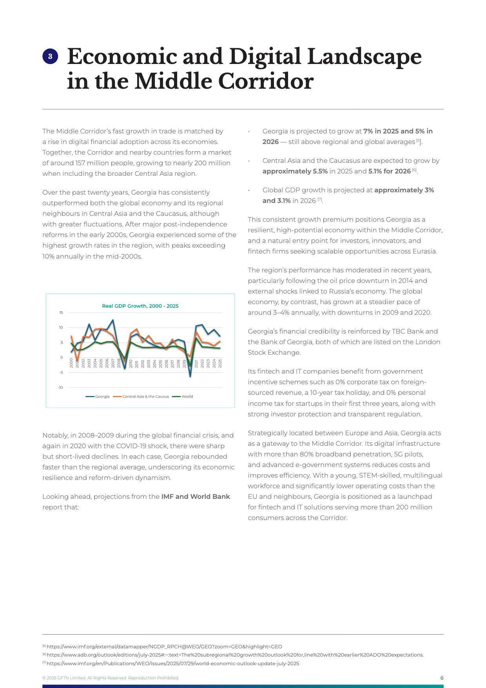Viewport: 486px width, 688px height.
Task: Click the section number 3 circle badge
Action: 50,57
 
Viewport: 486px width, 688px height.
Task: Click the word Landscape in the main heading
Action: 364,57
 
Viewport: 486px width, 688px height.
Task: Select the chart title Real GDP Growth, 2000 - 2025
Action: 140,306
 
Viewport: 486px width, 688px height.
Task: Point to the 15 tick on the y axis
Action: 61,313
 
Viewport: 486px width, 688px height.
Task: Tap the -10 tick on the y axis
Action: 60,388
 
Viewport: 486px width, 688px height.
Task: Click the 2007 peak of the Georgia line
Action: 113,320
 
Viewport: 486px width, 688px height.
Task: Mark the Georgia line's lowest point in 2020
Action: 190,376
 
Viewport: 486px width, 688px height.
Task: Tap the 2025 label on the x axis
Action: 220,363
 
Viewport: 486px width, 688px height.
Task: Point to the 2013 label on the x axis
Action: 149,363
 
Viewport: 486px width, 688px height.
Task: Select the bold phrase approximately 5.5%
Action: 295,171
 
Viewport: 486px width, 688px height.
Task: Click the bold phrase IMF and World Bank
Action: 195,496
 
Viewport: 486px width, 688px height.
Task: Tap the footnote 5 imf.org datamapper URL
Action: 164,646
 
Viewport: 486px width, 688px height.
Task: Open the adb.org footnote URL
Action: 235,655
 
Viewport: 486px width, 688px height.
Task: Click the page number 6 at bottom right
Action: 442,678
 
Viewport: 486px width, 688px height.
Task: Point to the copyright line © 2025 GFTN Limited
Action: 111,678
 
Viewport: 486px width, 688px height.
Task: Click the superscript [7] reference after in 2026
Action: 320,199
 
